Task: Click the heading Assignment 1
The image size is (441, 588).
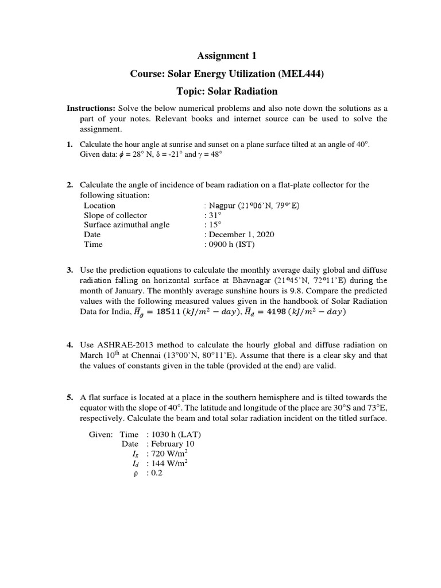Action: tap(227, 56)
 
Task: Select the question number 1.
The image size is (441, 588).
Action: tap(69, 145)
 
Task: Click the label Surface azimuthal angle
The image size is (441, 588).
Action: tap(126, 225)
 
